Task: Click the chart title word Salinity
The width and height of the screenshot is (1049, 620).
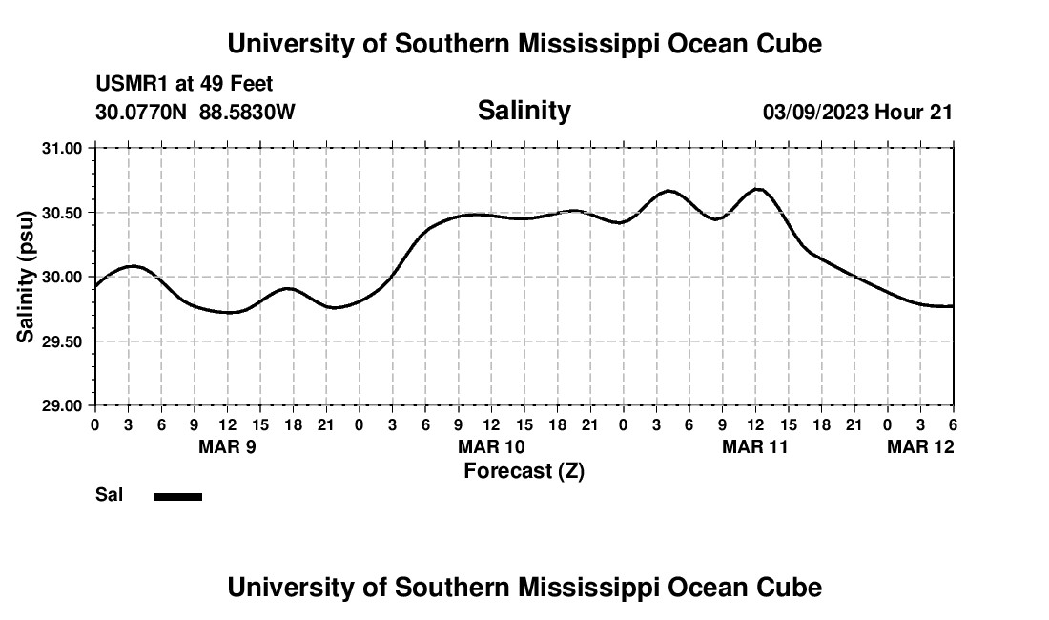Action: pyautogui.click(x=524, y=111)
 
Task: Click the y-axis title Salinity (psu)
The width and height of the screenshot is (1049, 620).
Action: pyautogui.click(x=27, y=278)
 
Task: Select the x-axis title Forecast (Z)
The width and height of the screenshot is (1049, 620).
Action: pyautogui.click(x=524, y=470)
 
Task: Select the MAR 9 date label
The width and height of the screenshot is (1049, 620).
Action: pyautogui.click(x=227, y=446)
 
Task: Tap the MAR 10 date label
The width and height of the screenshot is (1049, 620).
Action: pyautogui.click(x=491, y=446)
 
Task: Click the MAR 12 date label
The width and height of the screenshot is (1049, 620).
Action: pyautogui.click(x=920, y=446)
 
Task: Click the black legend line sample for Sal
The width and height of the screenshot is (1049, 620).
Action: pyautogui.click(x=177, y=496)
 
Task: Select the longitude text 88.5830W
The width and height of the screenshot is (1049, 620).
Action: pyautogui.click(x=247, y=112)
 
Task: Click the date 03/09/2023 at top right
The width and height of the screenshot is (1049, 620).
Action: pyautogui.click(x=815, y=112)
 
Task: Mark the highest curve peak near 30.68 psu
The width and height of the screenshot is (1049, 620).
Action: pyautogui.click(x=758, y=189)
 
